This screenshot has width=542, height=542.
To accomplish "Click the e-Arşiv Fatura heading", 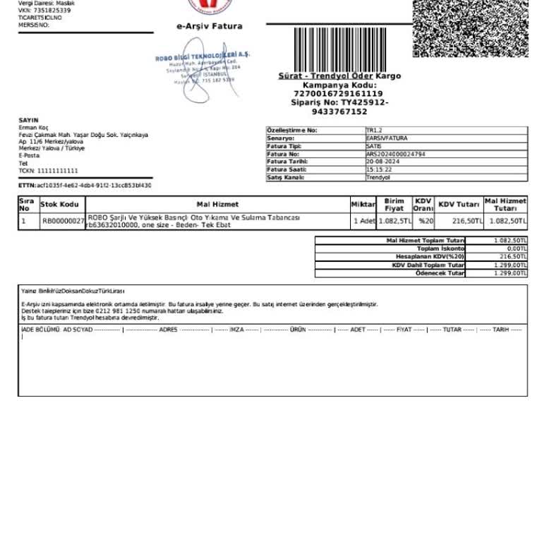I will (x=209, y=26).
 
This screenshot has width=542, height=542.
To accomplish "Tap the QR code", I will (x=469, y=28).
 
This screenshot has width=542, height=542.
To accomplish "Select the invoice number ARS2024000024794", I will (x=395, y=154).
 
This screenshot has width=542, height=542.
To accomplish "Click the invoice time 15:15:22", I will (x=379, y=169).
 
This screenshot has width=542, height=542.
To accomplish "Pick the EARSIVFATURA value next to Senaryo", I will (x=387, y=138).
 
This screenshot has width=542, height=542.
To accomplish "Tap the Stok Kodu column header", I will (x=59, y=205).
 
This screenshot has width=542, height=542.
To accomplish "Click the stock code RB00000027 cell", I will (x=63, y=222).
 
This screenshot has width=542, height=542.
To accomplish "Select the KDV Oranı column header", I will (x=423, y=205).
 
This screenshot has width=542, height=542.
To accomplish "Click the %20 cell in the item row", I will (x=426, y=222).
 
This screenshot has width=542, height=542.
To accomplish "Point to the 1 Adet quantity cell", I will (x=364, y=222).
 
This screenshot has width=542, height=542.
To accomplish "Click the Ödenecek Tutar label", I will (x=440, y=273).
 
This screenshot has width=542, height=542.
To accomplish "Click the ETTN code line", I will (x=85, y=185).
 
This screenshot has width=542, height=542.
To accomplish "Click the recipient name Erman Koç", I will (x=33, y=128).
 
